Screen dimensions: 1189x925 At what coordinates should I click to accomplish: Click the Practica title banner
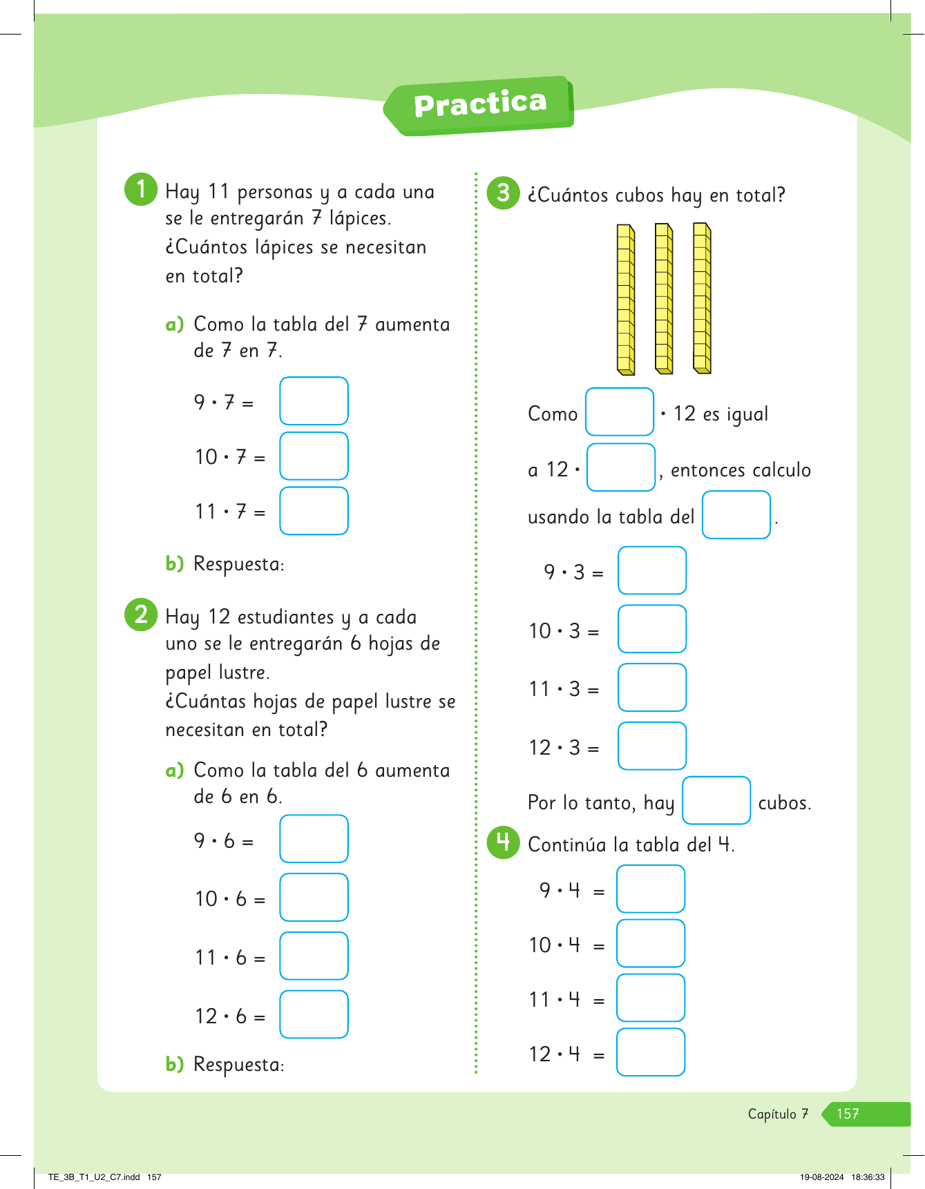tap(479, 105)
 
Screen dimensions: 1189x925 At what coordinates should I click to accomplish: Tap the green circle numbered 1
tap(141, 188)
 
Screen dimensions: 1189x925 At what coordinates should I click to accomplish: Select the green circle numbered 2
tap(141, 614)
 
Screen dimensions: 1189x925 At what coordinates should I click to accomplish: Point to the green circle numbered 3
tap(503, 193)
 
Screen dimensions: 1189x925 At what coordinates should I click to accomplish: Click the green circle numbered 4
tap(503, 842)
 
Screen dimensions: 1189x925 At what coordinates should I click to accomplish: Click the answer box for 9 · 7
tap(314, 400)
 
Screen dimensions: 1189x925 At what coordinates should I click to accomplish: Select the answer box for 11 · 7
tap(314, 511)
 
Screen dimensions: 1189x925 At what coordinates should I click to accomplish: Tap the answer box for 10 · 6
tap(314, 897)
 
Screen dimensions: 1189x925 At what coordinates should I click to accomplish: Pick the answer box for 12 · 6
tap(314, 1014)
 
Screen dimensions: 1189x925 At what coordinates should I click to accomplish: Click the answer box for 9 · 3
tap(651, 570)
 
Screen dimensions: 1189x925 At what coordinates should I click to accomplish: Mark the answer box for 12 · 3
tap(651, 746)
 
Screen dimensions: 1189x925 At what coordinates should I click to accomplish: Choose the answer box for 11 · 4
tap(650, 998)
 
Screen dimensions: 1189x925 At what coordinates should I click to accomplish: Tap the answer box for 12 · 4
tap(650, 1052)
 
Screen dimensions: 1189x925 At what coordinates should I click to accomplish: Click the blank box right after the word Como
tap(619, 412)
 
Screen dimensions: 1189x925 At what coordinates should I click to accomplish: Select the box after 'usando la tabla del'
tap(736, 514)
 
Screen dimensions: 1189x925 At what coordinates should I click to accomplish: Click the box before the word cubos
tap(716, 800)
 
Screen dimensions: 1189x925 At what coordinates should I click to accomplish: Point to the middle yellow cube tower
tap(664, 298)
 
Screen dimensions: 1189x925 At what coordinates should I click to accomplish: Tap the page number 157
tap(848, 1114)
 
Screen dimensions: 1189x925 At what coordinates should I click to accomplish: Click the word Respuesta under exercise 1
tap(238, 564)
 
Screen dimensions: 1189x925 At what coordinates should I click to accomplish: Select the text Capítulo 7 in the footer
tap(778, 1114)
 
